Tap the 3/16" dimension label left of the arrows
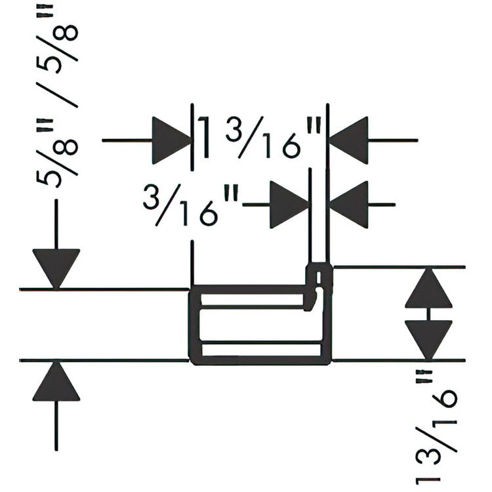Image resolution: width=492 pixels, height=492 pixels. point(191,205)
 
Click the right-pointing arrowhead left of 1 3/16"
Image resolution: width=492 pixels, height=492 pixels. point(172,140)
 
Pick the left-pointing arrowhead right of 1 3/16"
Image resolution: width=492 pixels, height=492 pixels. point(348,140)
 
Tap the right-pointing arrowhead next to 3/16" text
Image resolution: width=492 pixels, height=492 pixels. point(289,205)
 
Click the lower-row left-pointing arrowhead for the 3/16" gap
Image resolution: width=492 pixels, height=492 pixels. point(348,205)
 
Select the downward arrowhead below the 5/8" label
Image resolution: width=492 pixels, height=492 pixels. point(56,268)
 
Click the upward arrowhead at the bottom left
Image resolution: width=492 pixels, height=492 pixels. point(56,381)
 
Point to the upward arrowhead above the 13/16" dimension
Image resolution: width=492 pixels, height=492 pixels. point(428,288)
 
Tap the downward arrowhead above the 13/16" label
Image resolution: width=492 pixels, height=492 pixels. point(428,340)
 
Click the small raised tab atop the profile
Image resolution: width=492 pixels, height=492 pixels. point(319,275)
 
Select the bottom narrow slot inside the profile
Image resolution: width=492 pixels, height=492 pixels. point(261,350)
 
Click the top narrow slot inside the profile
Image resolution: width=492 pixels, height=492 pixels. point(252,299)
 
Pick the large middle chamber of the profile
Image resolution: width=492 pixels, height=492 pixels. point(261,325)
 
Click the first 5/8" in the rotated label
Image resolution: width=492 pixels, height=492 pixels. point(57,154)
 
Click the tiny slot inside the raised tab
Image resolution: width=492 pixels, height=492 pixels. point(319,277)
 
